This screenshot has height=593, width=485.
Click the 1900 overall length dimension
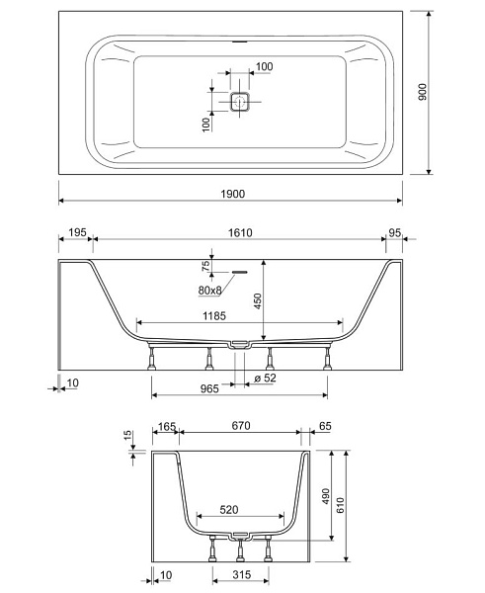pyautogui.click(x=233, y=194)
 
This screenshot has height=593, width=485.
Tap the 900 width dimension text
pyautogui.click(x=422, y=92)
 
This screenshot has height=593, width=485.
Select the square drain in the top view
pyautogui.click(x=240, y=102)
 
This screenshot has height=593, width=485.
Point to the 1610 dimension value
pyautogui.click(x=240, y=232)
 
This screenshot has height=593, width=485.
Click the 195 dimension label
pyautogui.click(x=77, y=232)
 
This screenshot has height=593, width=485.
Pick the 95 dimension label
pyautogui.click(x=394, y=233)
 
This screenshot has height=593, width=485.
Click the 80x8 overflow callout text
pyautogui.click(x=209, y=291)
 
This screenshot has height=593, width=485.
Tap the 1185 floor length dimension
pyautogui.click(x=214, y=316)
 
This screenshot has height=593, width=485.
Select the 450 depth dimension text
pyautogui.click(x=258, y=301)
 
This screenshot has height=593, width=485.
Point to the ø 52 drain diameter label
pyautogui.click(x=266, y=378)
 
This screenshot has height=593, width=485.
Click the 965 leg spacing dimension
pyautogui.click(x=209, y=388)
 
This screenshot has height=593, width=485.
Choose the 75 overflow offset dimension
pyautogui.click(x=205, y=266)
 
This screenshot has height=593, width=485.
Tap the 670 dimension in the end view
pyautogui.click(x=241, y=426)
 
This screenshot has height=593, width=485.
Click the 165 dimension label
pyautogui.click(x=167, y=427)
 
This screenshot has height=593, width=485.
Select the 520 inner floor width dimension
pyautogui.click(x=229, y=510)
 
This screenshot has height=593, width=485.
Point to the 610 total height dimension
pyautogui.click(x=340, y=505)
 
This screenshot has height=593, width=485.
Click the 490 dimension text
pyautogui.click(x=326, y=496)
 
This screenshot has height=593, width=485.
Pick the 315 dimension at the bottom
pyautogui.click(x=242, y=575)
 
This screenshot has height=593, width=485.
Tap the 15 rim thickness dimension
pyautogui.click(x=128, y=435)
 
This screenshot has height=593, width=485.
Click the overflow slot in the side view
pyautogui.click(x=239, y=272)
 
